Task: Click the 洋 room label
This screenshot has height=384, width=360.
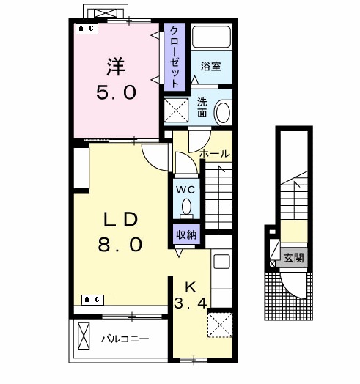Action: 117,66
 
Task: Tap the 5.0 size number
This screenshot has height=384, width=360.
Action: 117,93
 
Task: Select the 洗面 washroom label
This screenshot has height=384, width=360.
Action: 202,108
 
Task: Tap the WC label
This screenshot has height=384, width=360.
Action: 185,189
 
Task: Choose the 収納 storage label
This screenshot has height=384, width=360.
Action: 185,235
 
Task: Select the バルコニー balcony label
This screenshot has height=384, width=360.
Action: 125,339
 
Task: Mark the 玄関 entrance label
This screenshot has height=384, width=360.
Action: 294,257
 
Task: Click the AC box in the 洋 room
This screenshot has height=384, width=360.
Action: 86,29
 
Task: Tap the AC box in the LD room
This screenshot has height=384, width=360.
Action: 92,299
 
